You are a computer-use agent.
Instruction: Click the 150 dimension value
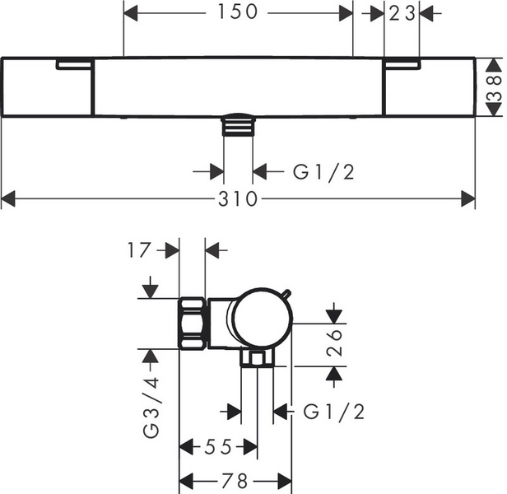coord(237,12)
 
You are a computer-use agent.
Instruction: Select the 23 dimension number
coord(402,12)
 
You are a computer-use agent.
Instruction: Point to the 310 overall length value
coord(238,199)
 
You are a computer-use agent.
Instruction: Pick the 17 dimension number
coord(143,249)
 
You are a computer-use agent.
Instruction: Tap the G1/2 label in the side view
coord(333,409)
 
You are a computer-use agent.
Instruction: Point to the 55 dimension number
coord(219,447)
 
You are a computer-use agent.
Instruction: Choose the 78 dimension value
coord(235,480)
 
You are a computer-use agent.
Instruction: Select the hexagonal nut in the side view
coord(193,324)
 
